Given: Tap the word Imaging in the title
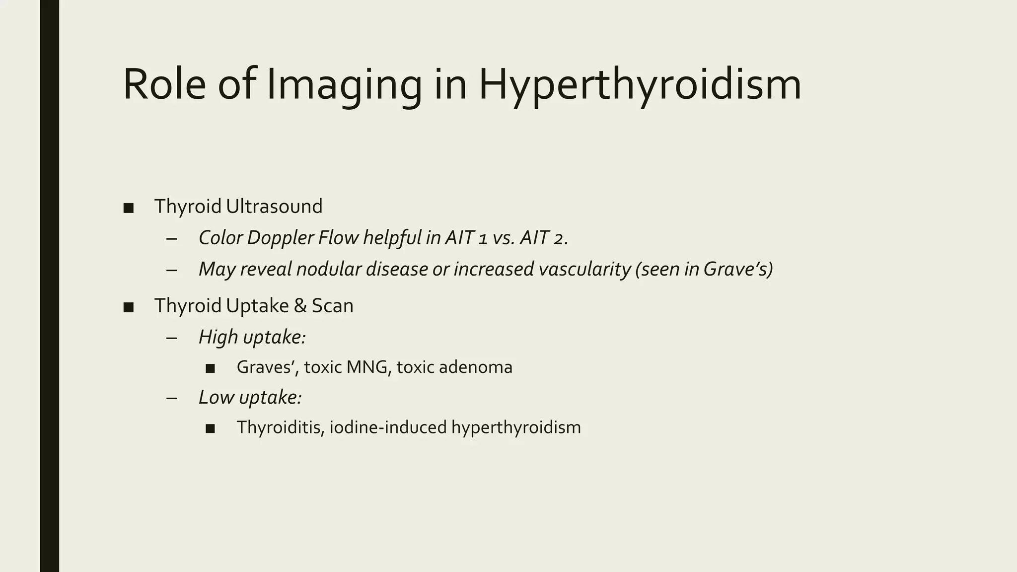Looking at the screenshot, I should pyautogui.click(x=344, y=85).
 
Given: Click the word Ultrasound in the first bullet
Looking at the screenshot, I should pyautogui.click(x=274, y=207).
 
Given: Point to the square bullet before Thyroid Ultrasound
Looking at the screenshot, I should pyautogui.click(x=128, y=208).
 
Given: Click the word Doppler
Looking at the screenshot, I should pyautogui.click(x=280, y=238).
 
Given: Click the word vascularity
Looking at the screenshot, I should pyautogui.click(x=584, y=269).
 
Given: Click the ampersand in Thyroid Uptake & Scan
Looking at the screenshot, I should pyautogui.click(x=300, y=306).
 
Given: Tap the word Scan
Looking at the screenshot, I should pyautogui.click(x=332, y=306).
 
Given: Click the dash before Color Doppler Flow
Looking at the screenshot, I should pyautogui.click(x=172, y=239).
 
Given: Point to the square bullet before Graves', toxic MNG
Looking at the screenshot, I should pyautogui.click(x=210, y=368).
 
